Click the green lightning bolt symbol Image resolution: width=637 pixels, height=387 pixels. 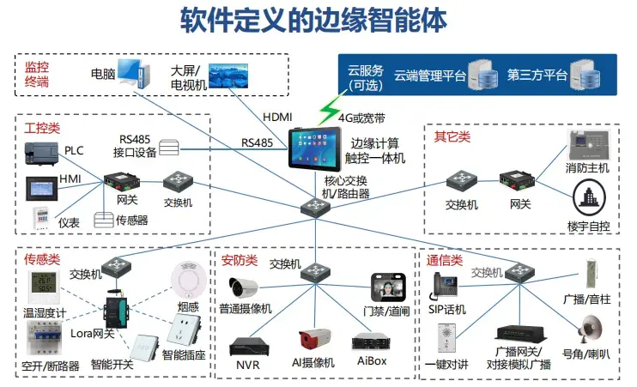[x=329, y=112]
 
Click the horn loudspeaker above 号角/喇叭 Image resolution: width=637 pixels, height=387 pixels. [x=589, y=326]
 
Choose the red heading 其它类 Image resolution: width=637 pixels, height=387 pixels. [x=452, y=136]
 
